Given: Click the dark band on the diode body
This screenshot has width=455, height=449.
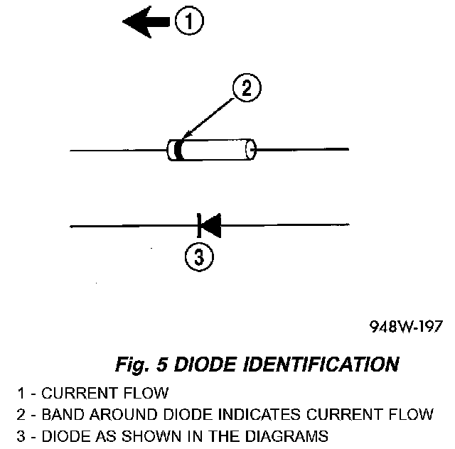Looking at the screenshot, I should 178,150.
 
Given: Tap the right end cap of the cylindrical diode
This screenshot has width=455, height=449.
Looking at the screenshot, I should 250,150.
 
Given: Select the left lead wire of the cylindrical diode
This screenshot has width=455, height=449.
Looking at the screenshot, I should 117,150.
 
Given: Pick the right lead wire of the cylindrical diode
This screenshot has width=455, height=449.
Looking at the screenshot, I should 302,150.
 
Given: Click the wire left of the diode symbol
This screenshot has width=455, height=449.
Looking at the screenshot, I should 132,227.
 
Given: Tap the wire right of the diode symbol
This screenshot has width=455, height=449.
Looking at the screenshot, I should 284,227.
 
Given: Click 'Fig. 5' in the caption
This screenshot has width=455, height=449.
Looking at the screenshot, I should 141,365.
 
